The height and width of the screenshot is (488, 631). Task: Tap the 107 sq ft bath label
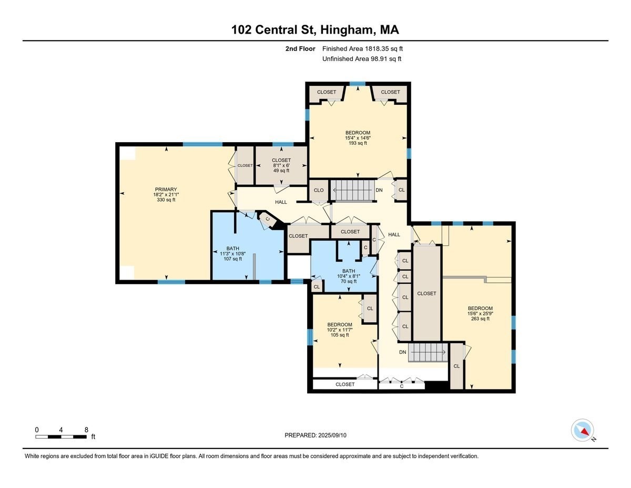[232, 253]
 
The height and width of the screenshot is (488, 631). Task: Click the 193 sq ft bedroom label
[358, 138]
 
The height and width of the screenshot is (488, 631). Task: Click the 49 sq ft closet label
[281, 165]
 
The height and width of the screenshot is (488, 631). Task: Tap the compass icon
[582, 430]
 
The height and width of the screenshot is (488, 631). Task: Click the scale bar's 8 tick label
[86, 430]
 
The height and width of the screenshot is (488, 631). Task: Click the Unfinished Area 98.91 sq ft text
[362, 59]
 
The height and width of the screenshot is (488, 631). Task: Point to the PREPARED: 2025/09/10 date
[315, 435]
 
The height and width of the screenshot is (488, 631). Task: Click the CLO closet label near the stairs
[319, 190]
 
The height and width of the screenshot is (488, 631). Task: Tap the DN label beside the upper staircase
[379, 190]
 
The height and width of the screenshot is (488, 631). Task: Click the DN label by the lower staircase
[403, 352]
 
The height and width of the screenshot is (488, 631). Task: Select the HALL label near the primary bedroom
[281, 202]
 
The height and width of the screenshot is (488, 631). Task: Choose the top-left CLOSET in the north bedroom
[326, 92]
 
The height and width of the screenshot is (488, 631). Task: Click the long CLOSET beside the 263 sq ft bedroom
[426, 293]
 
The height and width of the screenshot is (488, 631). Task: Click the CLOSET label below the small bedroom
[345, 384]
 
